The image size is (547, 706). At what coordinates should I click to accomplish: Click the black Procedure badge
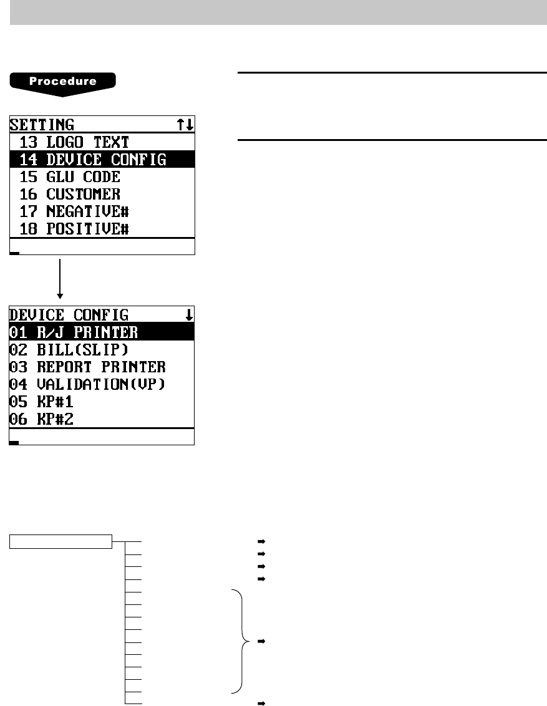[63, 82]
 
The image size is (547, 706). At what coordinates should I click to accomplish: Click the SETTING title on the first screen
[42, 125]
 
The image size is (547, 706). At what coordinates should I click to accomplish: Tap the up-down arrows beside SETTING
[185, 125]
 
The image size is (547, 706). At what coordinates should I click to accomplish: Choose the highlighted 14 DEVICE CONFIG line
[93, 160]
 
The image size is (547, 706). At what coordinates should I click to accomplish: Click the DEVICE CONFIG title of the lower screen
[69, 314]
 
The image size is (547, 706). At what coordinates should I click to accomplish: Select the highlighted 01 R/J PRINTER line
[74, 331]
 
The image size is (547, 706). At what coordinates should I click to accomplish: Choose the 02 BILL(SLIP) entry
[69, 349]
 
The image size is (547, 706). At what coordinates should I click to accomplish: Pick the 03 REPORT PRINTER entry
[87, 367]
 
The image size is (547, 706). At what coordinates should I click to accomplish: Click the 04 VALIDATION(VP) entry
[87, 384]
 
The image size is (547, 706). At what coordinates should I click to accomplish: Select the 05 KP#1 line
[42, 402]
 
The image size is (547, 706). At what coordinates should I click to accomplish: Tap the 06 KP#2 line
[42, 419]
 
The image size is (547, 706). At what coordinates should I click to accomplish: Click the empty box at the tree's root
[61, 541]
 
